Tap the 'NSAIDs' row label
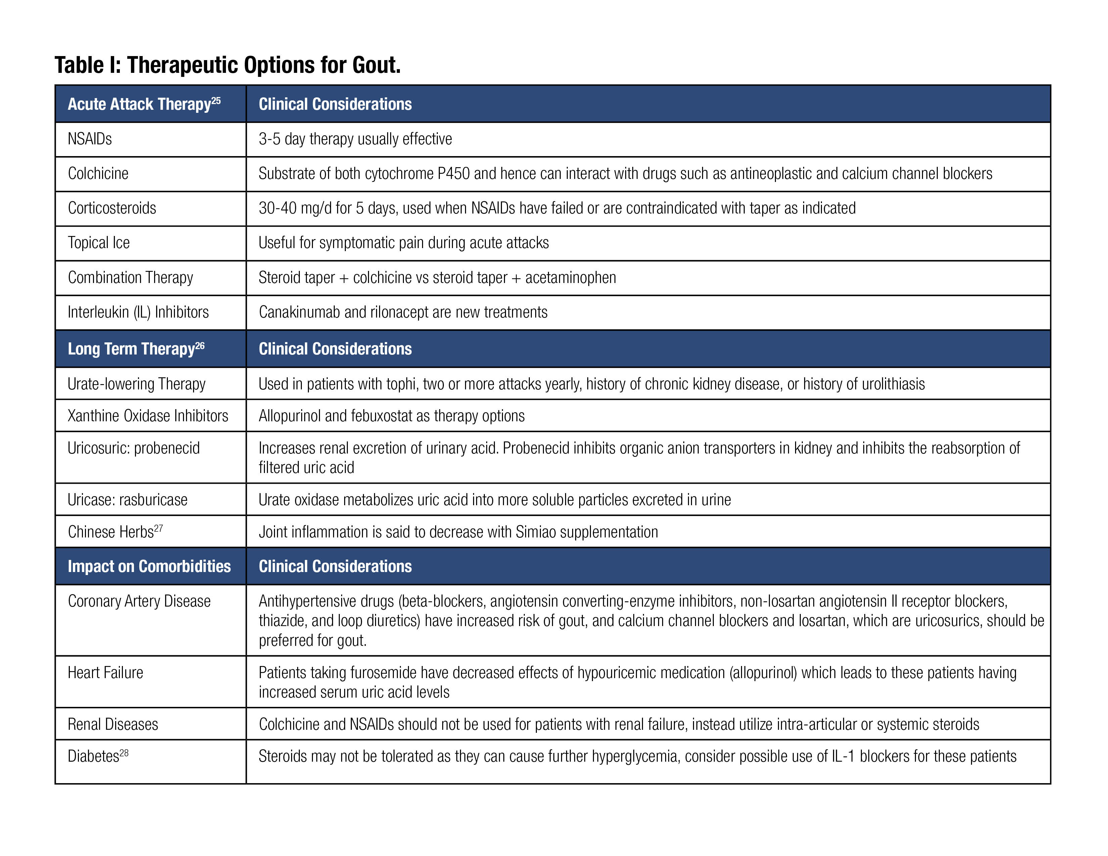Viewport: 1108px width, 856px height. [x=90, y=139]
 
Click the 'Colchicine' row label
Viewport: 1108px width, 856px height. [x=98, y=174]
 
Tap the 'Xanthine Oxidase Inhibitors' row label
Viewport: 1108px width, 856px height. [x=148, y=416]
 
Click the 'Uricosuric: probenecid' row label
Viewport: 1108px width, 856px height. [x=133, y=448]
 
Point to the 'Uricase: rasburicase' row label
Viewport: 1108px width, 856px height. [x=127, y=500]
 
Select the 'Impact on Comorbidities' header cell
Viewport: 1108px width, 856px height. [x=149, y=566]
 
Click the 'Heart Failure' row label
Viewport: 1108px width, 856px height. [x=105, y=673]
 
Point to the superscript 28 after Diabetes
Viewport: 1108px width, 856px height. [x=124, y=753]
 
